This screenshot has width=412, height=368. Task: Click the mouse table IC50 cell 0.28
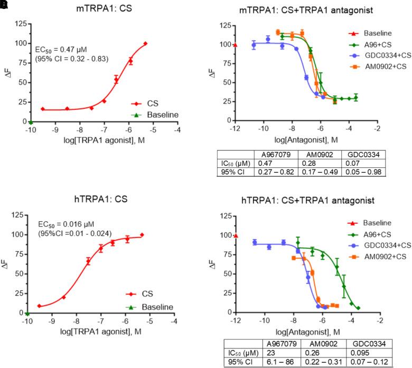point(321,163)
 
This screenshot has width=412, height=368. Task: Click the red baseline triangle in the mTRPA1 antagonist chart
point(235,45)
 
